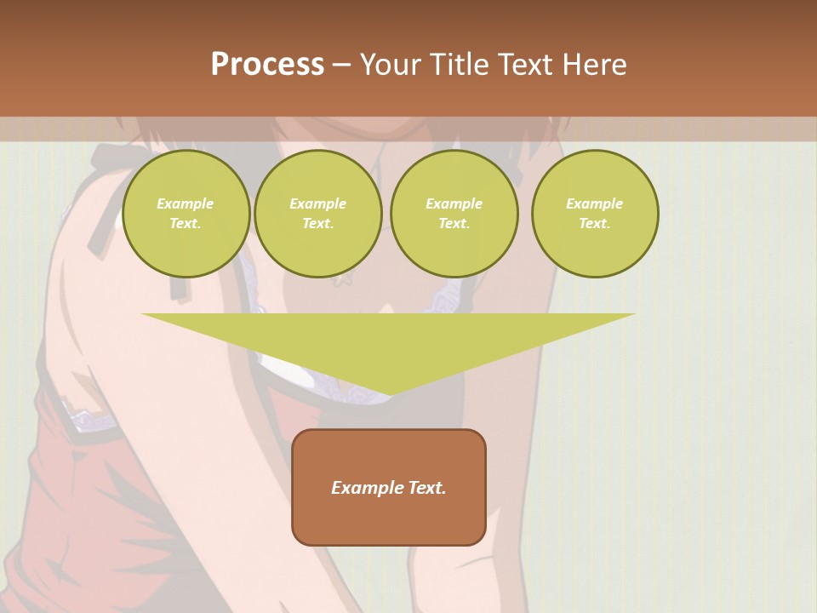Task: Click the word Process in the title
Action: (267, 65)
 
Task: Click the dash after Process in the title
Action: (342, 66)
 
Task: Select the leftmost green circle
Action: (186, 214)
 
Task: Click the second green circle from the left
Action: (318, 214)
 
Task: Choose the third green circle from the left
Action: (454, 214)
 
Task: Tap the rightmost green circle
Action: (595, 214)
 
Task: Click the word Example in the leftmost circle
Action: (186, 203)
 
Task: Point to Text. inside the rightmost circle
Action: (595, 224)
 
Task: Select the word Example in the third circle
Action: (454, 203)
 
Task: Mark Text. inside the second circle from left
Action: (318, 224)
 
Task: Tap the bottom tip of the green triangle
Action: (389, 393)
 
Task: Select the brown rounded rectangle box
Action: (389, 519)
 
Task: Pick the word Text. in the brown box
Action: (426, 488)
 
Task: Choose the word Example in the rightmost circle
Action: (594, 203)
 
